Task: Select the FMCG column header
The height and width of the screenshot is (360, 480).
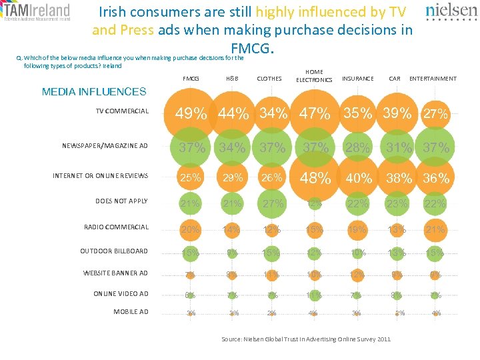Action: pos(191,79)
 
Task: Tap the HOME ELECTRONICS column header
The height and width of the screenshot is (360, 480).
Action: pos(314,76)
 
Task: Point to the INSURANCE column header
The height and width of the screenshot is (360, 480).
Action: pos(357,79)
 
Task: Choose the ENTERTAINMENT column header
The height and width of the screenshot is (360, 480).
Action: pos(433,79)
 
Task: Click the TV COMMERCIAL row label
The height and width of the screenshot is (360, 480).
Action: pos(122,111)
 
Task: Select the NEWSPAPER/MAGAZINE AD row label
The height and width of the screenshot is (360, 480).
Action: pos(105,146)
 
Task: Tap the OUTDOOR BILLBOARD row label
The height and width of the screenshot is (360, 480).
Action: pos(114,251)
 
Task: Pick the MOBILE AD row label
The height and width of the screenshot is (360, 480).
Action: pos(131,311)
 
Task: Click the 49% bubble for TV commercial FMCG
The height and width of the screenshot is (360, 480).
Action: pos(191,114)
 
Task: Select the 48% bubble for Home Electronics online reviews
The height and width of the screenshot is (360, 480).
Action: pos(315,178)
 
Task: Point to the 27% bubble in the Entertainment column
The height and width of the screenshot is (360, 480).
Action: pos(435,115)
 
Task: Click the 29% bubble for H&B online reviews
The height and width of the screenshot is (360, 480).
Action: pos(232,178)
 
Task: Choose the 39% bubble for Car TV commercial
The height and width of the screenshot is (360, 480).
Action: pos(397,114)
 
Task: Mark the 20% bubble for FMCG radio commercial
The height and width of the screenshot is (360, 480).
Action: pos(191,229)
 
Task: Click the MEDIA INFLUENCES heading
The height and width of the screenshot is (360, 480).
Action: pos(93,92)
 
